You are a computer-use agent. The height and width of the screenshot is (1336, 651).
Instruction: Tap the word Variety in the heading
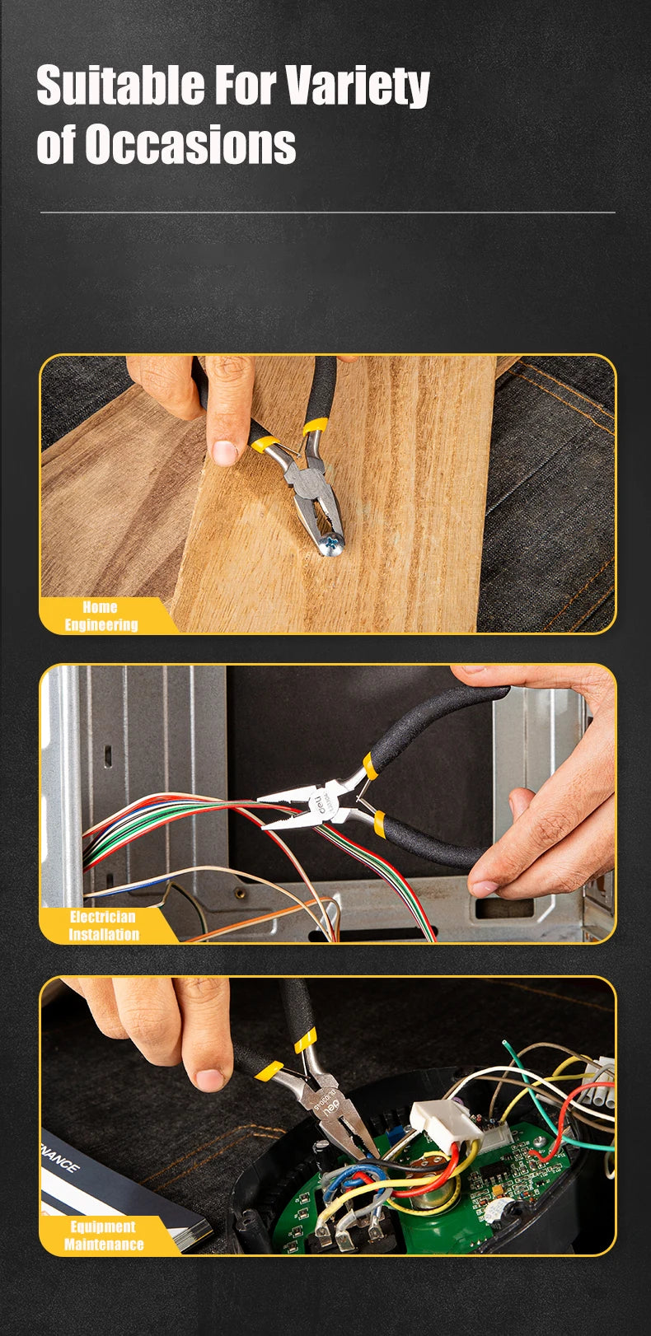click(358, 86)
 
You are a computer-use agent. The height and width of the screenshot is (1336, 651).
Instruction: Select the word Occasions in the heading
click(190, 144)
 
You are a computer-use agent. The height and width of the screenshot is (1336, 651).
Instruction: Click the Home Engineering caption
click(101, 616)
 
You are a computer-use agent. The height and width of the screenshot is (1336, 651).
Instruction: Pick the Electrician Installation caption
click(103, 926)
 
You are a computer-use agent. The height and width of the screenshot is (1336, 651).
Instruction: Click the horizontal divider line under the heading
click(327, 213)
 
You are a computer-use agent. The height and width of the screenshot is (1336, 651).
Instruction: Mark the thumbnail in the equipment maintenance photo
click(209, 1079)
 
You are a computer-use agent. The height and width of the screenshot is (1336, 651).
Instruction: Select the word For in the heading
click(245, 85)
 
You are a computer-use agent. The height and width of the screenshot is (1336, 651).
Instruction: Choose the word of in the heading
click(55, 144)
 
